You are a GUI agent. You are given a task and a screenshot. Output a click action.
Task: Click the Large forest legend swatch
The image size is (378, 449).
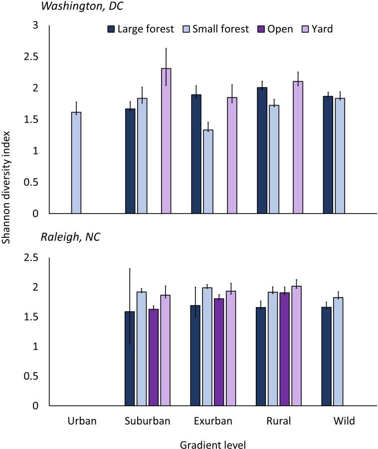point(111,29)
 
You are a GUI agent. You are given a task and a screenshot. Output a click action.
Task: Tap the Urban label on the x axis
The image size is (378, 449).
point(81,421)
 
